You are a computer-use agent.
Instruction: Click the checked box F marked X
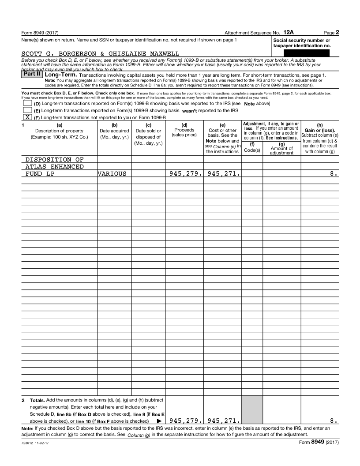pyautogui.click(x=27, y=117)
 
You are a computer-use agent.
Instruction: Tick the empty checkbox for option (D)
pyautogui.click(x=27, y=103)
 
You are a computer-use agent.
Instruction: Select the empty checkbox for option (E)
pyautogui.click(x=27, y=110)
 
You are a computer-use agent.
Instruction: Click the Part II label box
pyautogui.click(x=32, y=75)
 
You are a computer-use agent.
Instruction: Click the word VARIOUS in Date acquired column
pyautogui.click(x=112, y=174)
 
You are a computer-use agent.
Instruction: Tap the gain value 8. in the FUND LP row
pyautogui.click(x=334, y=174)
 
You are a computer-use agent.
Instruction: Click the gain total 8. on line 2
pyautogui.click(x=334, y=421)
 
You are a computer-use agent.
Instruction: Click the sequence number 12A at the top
pyautogui.click(x=289, y=32)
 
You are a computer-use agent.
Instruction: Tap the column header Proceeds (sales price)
pyautogui.click(x=184, y=132)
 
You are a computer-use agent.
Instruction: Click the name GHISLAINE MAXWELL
pyautogui.click(x=149, y=53)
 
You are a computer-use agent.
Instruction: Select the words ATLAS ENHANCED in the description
pyautogui.click(x=54, y=166)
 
